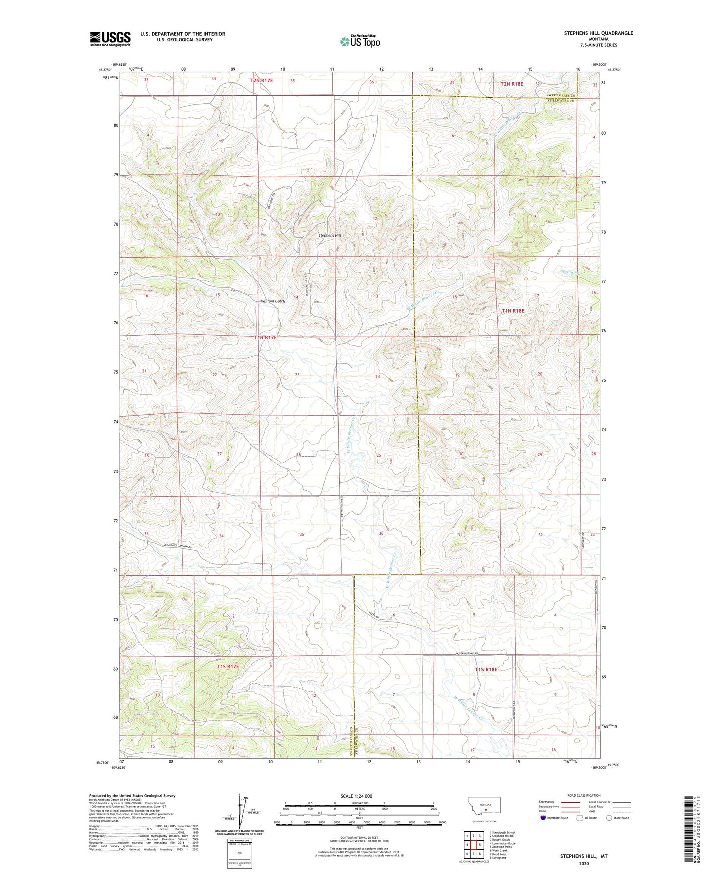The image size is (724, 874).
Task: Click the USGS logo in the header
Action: pyautogui.click(x=110, y=39)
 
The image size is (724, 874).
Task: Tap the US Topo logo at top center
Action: pyautogui.click(x=359, y=41)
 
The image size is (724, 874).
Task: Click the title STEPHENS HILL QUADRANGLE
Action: pyautogui.click(x=598, y=33)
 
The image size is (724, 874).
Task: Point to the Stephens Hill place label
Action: pyautogui.click(x=330, y=235)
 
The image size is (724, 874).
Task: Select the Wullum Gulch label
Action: pyautogui.click(x=273, y=301)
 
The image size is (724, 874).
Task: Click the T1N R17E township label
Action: pyautogui.click(x=265, y=338)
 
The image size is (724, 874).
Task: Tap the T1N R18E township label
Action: pyautogui.click(x=513, y=311)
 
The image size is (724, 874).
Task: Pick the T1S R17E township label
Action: pyautogui.click(x=228, y=667)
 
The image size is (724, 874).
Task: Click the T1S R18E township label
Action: pyautogui.click(x=486, y=669)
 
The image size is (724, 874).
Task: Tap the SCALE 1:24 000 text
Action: pyautogui.click(x=356, y=796)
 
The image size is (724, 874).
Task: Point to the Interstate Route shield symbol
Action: pyautogui.click(x=543, y=818)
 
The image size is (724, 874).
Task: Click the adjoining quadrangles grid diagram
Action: pyautogui.click(x=473, y=846)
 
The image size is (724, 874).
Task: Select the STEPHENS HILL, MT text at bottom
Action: pyautogui.click(x=583, y=856)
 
